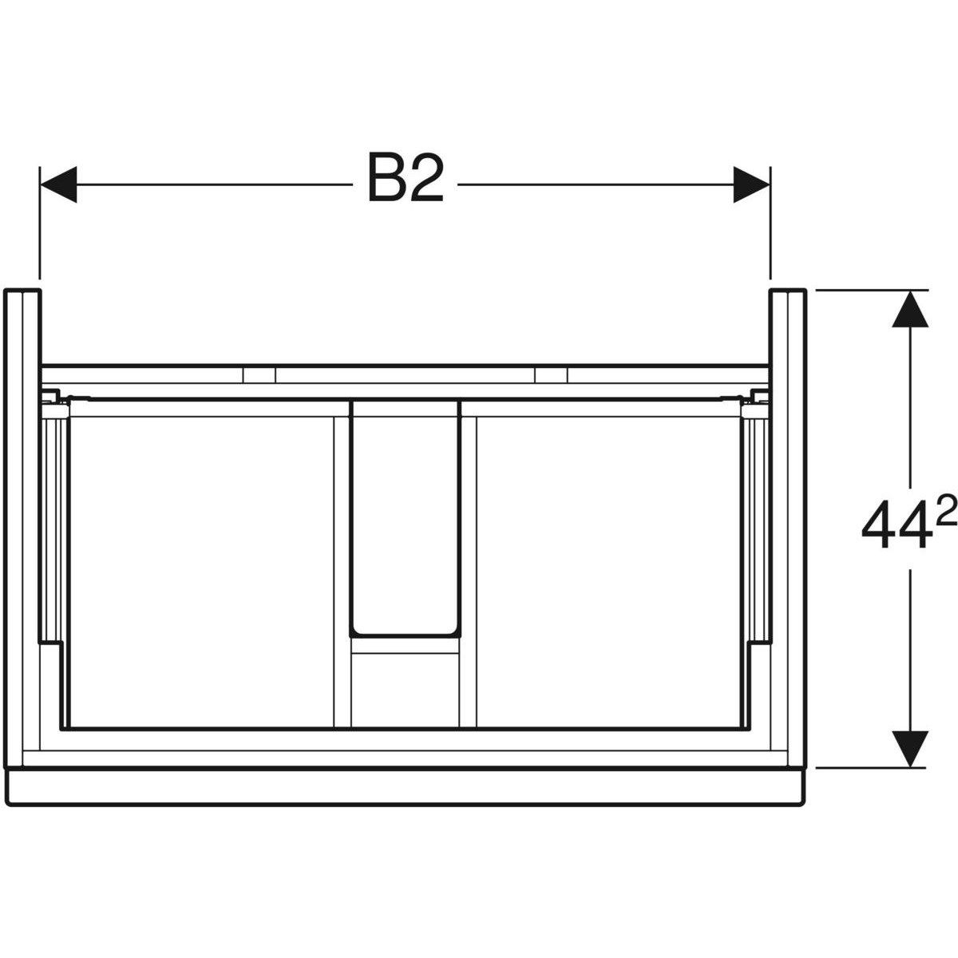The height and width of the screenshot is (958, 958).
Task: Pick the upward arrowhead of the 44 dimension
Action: pos(909,309)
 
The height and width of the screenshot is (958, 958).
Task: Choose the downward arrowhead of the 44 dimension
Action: pos(909,748)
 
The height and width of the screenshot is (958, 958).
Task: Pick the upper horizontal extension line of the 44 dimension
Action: pos(870,290)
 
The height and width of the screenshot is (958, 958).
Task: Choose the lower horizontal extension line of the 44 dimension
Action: pos(870,767)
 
